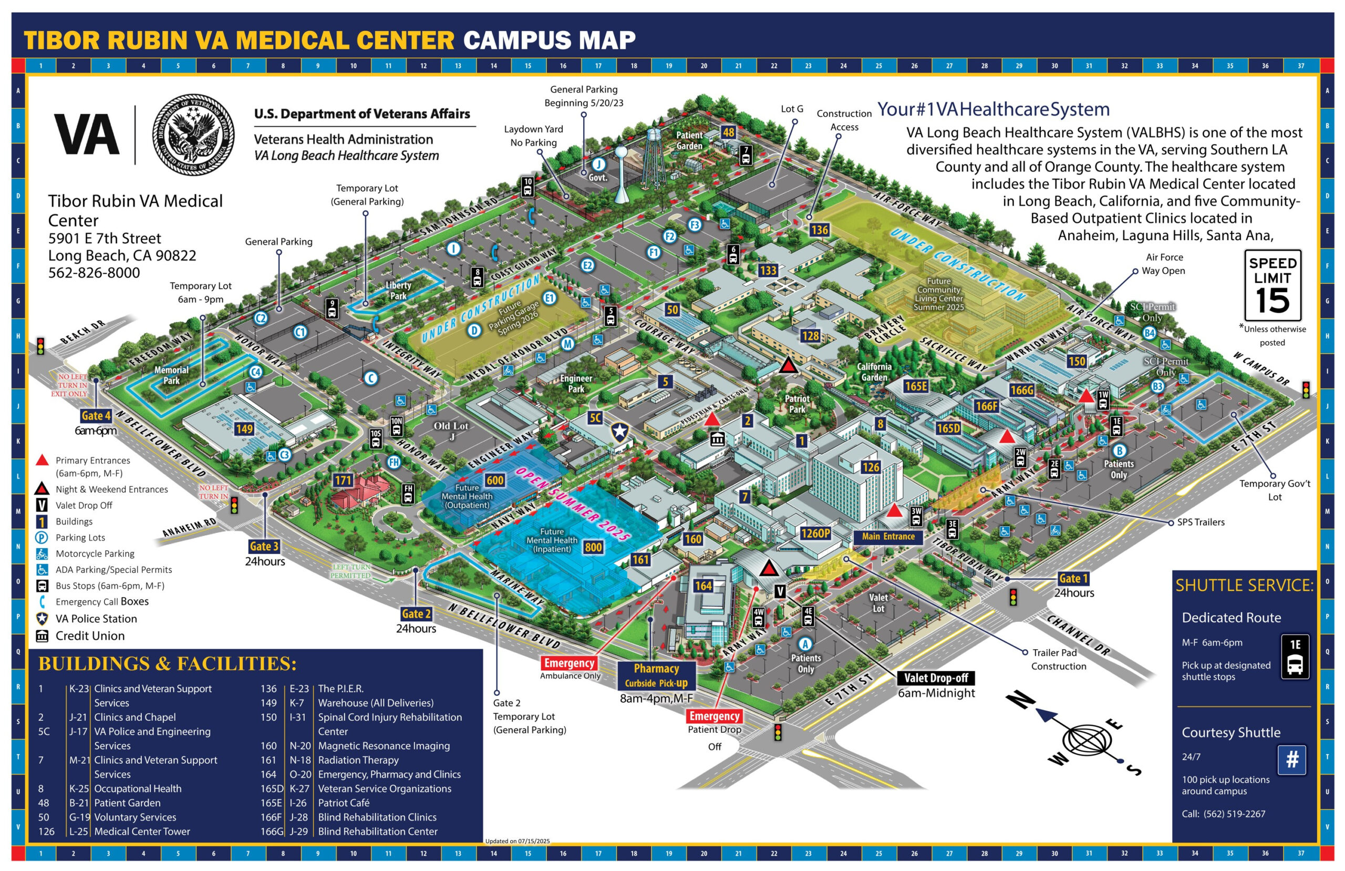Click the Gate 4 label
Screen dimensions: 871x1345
tap(96, 416)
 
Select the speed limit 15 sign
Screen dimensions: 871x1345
tap(1272, 285)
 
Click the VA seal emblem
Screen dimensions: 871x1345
tap(193, 135)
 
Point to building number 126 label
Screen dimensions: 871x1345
tap(870, 467)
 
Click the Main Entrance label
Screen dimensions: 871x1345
tap(888, 536)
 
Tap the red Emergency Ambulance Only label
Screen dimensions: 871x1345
tap(569, 663)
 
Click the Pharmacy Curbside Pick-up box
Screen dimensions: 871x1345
tap(656, 675)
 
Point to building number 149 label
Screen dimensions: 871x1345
tap(244, 429)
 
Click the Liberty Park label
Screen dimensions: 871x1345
tap(398, 290)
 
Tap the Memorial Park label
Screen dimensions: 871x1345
tap(171, 375)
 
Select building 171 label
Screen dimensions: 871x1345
tap(343, 480)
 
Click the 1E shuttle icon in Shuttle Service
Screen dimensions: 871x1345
tap(1295, 656)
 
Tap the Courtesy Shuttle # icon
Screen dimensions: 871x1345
tap(1292, 760)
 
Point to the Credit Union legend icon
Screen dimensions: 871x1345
tap(42, 636)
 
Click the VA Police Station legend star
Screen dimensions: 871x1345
tap(42, 619)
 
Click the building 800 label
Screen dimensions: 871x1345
tap(593, 547)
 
